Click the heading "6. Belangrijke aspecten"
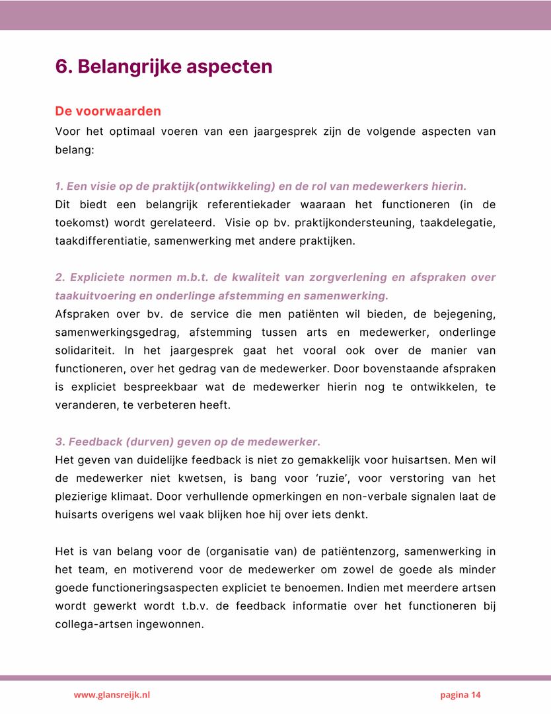(x=164, y=67)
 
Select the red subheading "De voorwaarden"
(x=108, y=111)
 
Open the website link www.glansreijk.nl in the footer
(x=112, y=695)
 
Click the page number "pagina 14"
(x=460, y=695)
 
